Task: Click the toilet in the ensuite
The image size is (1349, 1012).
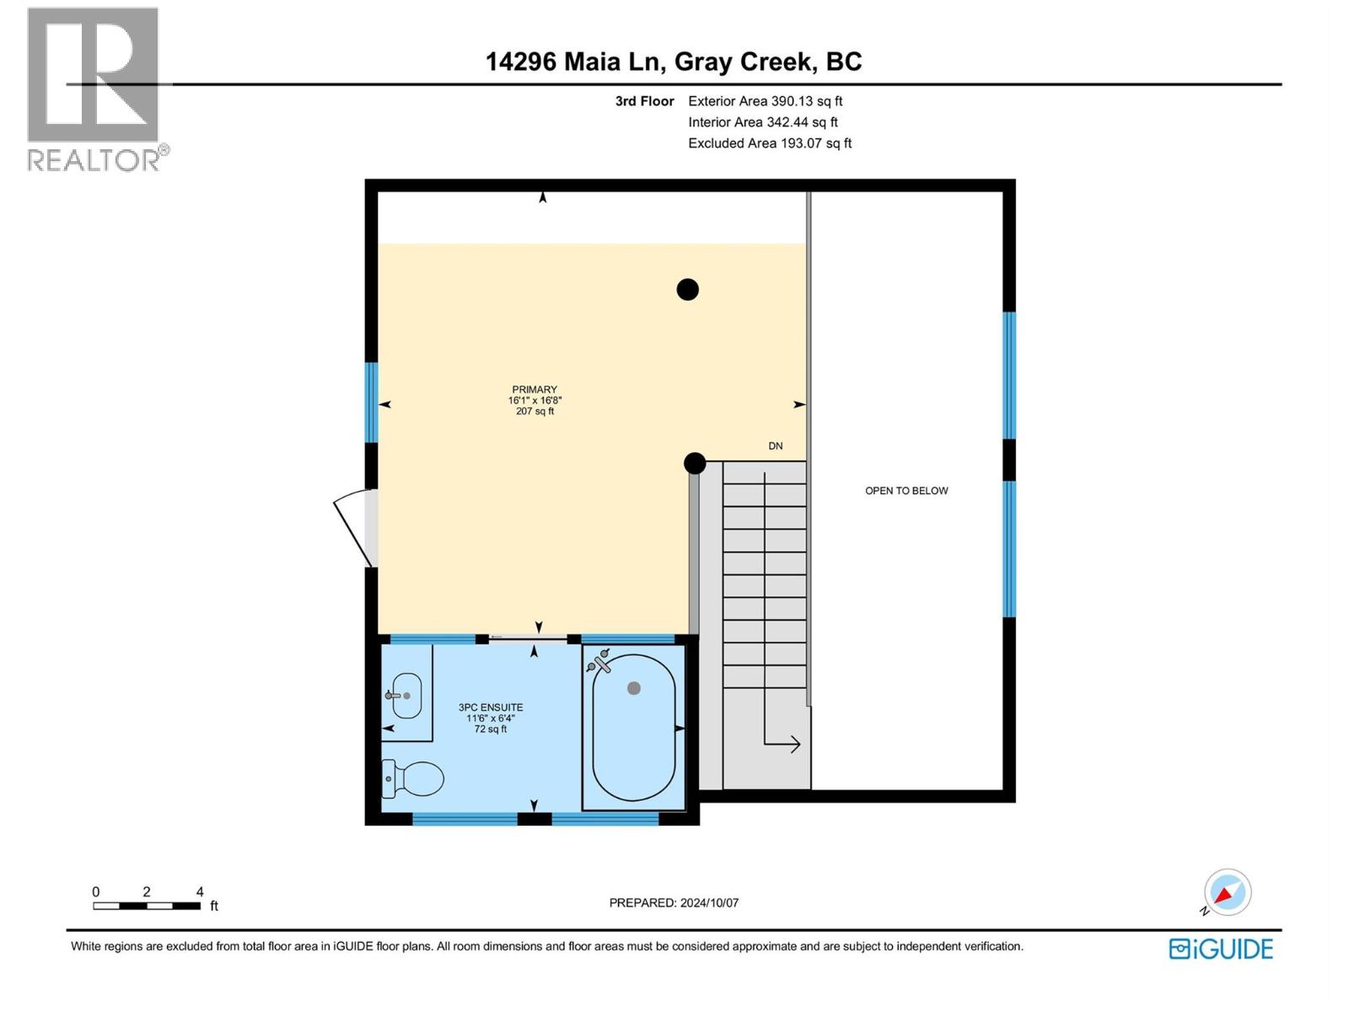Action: tap(414, 778)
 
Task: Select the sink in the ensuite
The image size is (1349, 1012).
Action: tap(406, 696)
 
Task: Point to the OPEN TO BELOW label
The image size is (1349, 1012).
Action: tap(906, 491)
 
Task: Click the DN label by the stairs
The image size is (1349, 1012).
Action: tap(775, 446)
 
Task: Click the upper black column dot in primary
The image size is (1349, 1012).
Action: tap(688, 289)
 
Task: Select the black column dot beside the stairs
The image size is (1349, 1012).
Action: tap(695, 463)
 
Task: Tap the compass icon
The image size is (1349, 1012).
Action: tap(1227, 892)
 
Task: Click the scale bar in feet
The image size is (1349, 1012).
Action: tap(147, 906)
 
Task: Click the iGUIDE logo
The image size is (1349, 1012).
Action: tap(1221, 949)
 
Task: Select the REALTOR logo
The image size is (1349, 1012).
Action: tap(94, 89)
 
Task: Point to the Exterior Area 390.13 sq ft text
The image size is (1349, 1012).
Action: tap(765, 101)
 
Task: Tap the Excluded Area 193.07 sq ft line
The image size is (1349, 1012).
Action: tap(769, 143)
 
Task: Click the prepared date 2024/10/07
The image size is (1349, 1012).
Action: tap(674, 902)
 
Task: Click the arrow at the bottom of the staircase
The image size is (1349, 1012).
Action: tap(784, 743)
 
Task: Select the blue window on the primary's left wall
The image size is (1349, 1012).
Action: tap(371, 403)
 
